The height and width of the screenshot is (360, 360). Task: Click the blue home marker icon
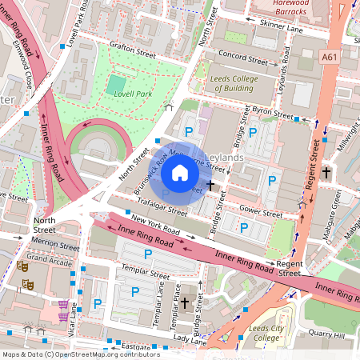pos(180,172)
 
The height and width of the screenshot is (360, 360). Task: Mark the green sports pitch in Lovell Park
pos(118,84)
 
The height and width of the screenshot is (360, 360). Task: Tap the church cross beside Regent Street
pos(326,172)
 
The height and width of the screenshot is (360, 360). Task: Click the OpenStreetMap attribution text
pos(80,354)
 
